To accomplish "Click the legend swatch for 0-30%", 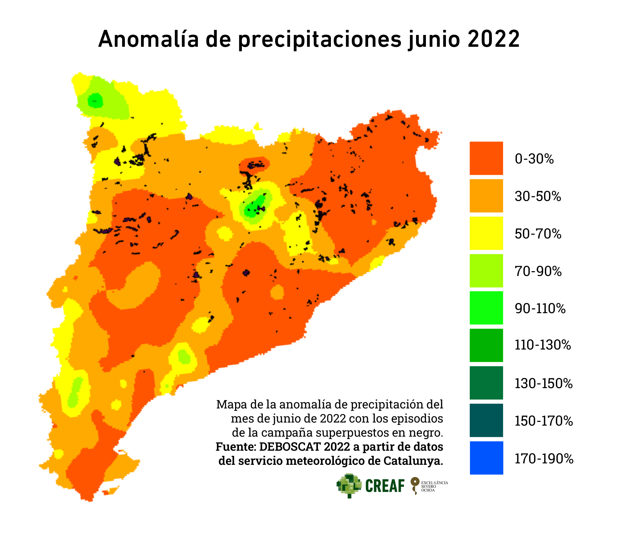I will [x=486, y=158].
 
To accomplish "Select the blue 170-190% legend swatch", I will [x=486, y=458].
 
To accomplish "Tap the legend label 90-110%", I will [x=540, y=308].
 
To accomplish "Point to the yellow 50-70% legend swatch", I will [x=486, y=233].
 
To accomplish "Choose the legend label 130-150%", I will [x=543, y=383].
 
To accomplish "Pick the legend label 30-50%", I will [x=538, y=196].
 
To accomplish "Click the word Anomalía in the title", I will [x=148, y=39].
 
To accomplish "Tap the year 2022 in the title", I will [x=494, y=39].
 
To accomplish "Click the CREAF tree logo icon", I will [x=349, y=486].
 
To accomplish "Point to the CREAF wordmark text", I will [x=384, y=486].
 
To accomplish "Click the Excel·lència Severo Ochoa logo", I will [x=429, y=486].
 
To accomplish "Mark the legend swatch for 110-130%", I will [x=486, y=345].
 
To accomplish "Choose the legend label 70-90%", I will [x=538, y=271].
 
